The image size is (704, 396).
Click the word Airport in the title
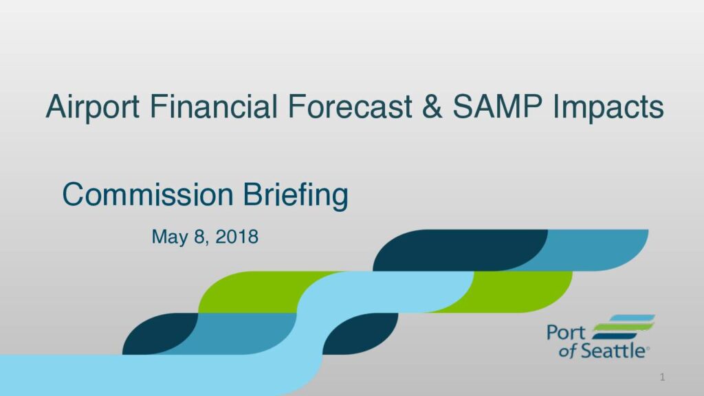pyautogui.click(x=93, y=107)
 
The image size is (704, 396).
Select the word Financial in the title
pyautogui.click(x=213, y=106)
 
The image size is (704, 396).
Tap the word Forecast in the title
pyautogui.click(x=350, y=107)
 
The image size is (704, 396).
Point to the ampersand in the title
pyautogui.click(x=432, y=107)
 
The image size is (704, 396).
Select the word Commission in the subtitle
pyautogui.click(x=148, y=195)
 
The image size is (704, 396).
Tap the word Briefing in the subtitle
pyautogui.click(x=296, y=196)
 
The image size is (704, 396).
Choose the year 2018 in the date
pyautogui.click(x=237, y=236)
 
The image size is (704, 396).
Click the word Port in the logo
pyautogui.click(x=566, y=333)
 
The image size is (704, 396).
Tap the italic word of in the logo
pyautogui.click(x=567, y=351)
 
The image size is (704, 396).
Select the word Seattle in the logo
pyautogui.click(x=613, y=350)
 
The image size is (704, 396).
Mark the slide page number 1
pyautogui.click(x=662, y=377)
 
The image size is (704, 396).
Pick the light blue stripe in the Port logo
pyautogui.click(x=632, y=318)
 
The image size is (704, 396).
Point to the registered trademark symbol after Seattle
pyautogui.click(x=648, y=349)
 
